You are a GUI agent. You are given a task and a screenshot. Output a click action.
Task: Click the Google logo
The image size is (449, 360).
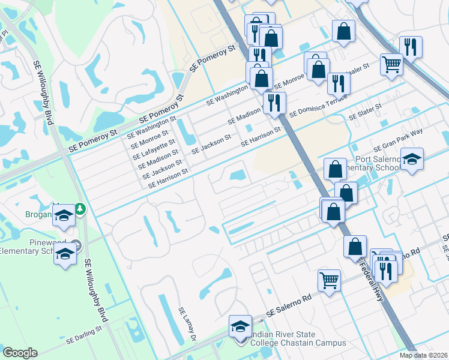(x=20, y=353)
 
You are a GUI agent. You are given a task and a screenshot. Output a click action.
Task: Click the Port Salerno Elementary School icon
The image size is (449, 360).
(x=412, y=160)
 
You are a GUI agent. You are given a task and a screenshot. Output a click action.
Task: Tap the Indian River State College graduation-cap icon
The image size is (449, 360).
(x=241, y=327)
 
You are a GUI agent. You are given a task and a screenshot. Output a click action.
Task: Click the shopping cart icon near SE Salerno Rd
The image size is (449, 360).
(x=329, y=280)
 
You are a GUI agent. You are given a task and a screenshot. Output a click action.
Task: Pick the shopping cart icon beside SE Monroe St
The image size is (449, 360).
(x=391, y=64)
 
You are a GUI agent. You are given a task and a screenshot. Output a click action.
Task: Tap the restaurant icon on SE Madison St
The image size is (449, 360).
(x=274, y=103)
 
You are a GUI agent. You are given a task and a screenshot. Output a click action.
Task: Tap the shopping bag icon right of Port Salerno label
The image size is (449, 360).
(x=346, y=193)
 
